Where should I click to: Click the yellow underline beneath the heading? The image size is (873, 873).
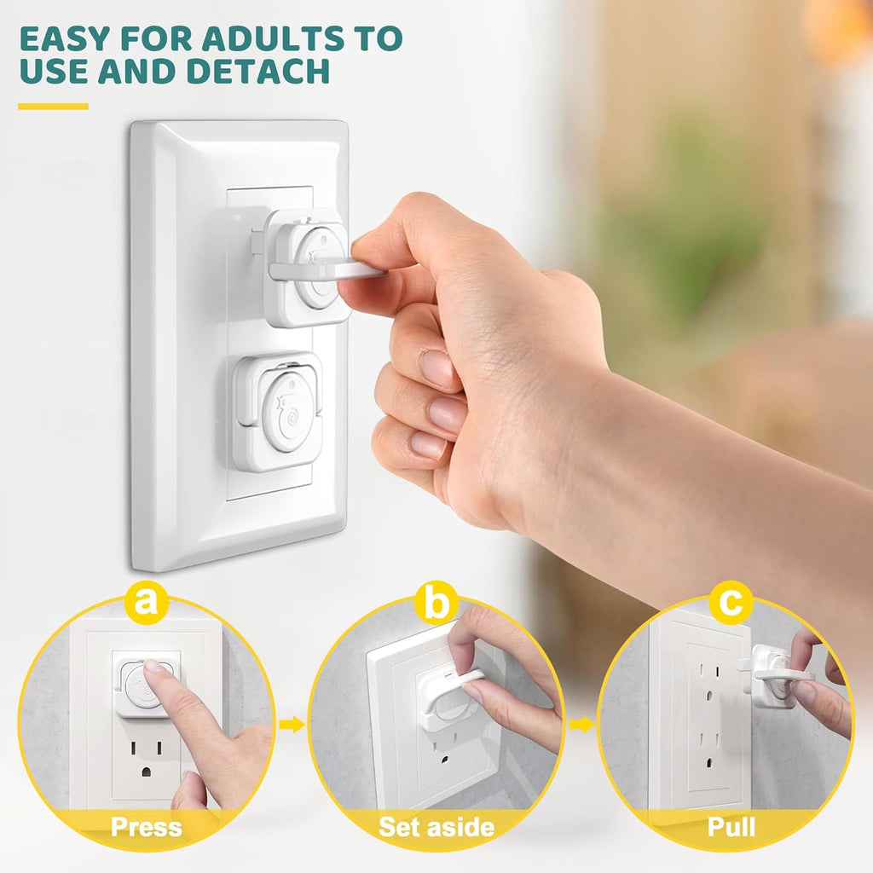(x=53, y=107)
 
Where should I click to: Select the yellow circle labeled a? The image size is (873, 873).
(x=147, y=604)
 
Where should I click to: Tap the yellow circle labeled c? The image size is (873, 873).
(x=731, y=604)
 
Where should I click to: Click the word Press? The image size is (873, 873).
(x=146, y=826)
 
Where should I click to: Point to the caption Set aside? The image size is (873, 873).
(x=436, y=826)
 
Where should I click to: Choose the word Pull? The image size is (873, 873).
(x=731, y=826)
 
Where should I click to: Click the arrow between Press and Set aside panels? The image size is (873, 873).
(x=292, y=725)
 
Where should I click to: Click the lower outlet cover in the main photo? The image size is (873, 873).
(x=277, y=411)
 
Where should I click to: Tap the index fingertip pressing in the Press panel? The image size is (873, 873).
(x=153, y=673)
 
